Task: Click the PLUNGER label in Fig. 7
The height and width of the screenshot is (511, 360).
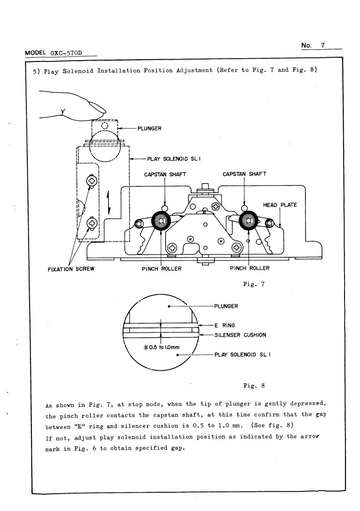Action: click(x=149, y=128)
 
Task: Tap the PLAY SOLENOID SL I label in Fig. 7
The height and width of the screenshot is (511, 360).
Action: click(x=174, y=159)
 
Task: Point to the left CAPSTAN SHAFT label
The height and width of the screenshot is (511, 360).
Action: click(x=165, y=174)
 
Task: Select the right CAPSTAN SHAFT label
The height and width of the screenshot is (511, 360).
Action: click(x=244, y=174)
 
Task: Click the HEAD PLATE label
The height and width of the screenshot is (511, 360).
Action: click(x=280, y=205)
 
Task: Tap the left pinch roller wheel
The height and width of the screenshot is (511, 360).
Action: click(x=162, y=222)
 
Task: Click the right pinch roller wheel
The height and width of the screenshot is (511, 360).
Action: click(x=248, y=222)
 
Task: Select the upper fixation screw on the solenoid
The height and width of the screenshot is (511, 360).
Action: click(x=92, y=181)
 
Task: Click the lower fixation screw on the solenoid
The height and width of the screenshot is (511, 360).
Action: click(x=92, y=223)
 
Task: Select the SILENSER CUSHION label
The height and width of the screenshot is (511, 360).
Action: click(x=240, y=335)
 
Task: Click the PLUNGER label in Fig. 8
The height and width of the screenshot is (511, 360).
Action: click(x=227, y=306)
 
